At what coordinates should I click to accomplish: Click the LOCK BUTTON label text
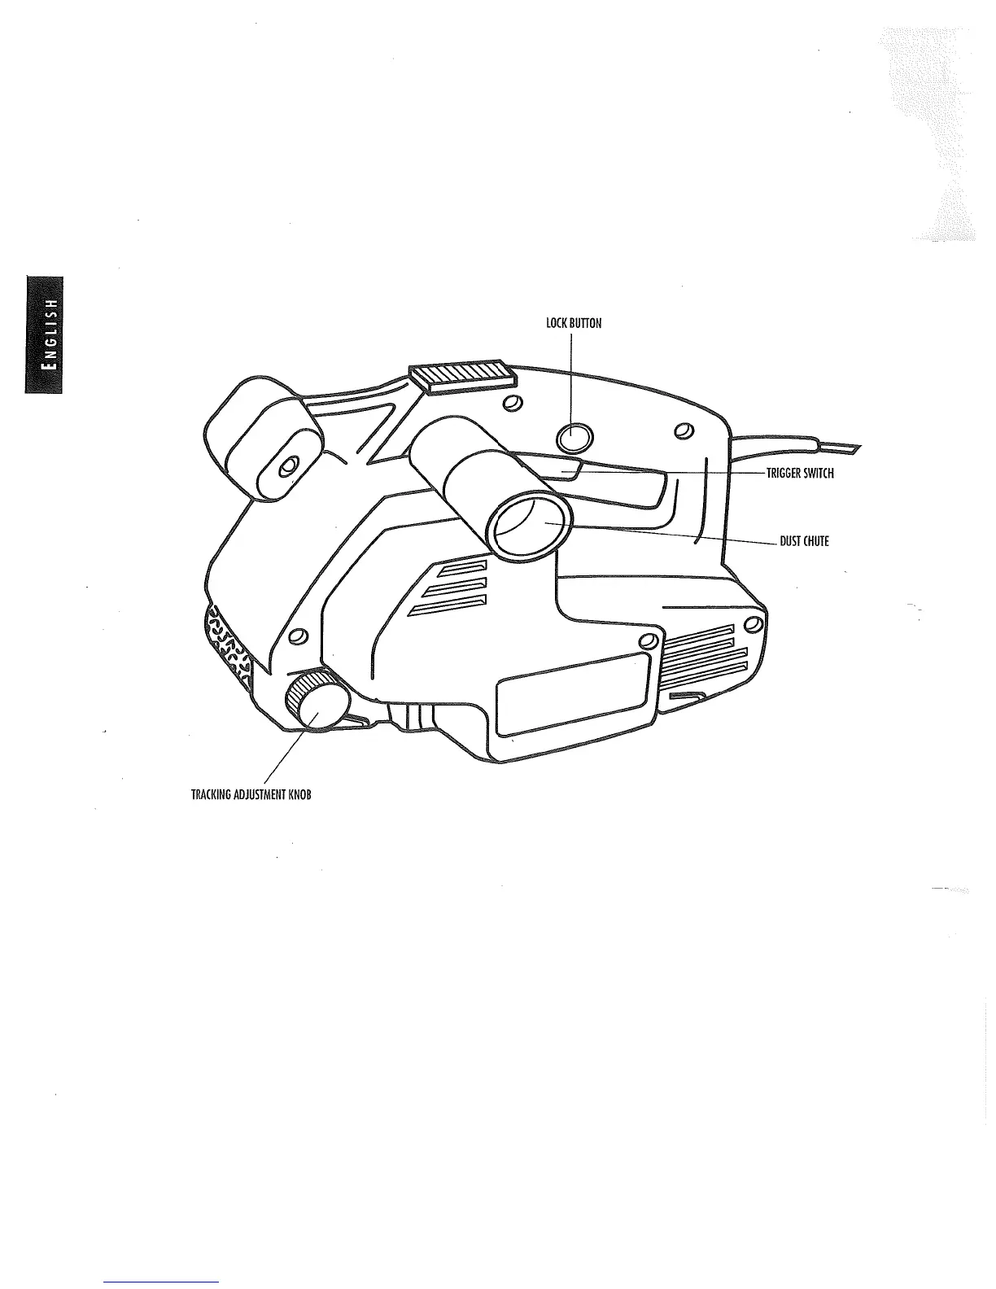[x=574, y=323]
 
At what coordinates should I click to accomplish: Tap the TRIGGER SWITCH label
[x=800, y=474]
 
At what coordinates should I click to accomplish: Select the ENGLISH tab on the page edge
[x=45, y=334]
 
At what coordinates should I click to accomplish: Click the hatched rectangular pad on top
[x=461, y=377]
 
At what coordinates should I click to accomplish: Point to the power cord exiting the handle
[x=797, y=444]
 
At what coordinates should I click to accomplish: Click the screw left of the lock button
[x=512, y=404]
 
